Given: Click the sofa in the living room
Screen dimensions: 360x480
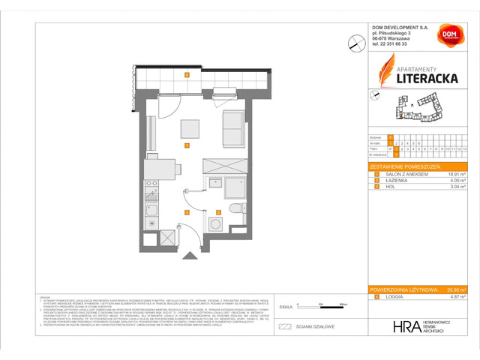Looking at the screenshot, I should [234, 128].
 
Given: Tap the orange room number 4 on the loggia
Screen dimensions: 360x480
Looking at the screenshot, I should [186, 74].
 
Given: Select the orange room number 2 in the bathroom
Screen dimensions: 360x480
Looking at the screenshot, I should [217, 212].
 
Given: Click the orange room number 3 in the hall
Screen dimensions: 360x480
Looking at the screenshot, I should [186, 212].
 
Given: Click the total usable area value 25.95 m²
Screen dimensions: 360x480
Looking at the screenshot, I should [453, 289].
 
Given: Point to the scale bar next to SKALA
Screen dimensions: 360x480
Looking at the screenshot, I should [300, 307].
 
